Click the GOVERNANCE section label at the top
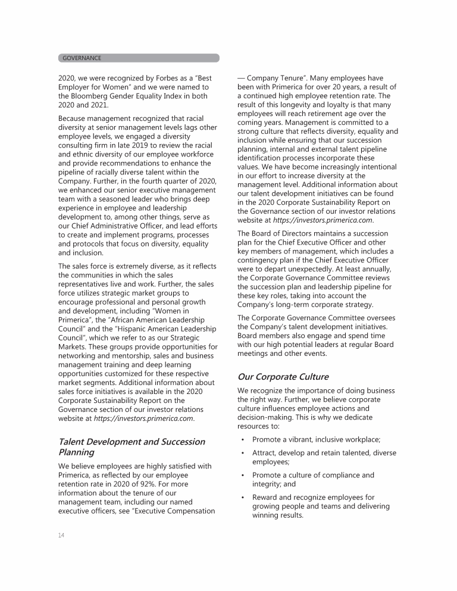[82, 58]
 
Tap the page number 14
[61, 535]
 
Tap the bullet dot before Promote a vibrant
[243, 440]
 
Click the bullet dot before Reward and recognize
[243, 498]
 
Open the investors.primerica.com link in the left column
[143, 418]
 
